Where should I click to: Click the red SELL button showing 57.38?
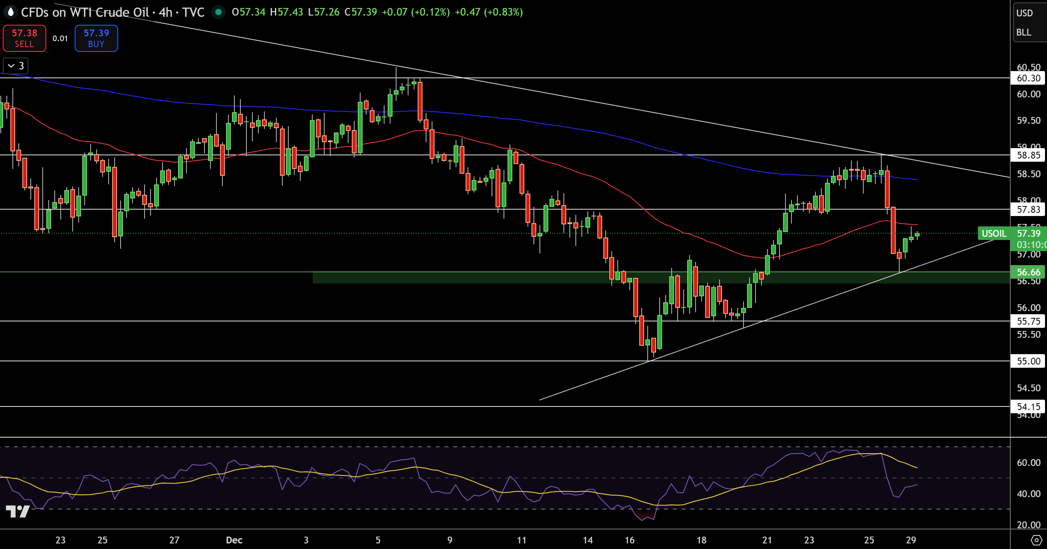24,38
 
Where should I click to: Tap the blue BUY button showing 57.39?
96,38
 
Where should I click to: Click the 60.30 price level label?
1028,78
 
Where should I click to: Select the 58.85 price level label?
1028,155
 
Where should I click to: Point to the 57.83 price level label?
1028,209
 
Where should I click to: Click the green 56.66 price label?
1028,272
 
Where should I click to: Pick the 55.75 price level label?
1028,321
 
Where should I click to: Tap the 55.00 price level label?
1028,361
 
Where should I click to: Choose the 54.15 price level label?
1028,406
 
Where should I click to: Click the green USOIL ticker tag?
993,233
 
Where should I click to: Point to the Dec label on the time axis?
234,540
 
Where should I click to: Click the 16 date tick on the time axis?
630,540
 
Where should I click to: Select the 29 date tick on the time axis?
911,540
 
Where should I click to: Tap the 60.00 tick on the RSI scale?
1028,462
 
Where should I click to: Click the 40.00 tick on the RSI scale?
1028,494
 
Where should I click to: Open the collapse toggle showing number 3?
16,66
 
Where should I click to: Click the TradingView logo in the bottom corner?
18,511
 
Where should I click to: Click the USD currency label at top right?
1024,13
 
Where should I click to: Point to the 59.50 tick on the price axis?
1028,120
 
